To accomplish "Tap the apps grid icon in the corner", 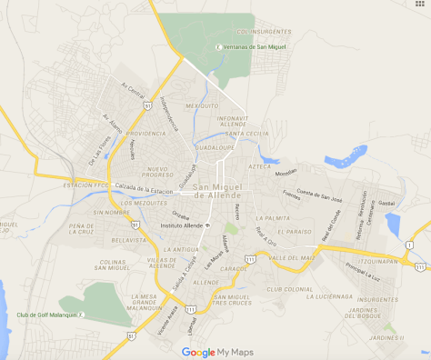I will click(x=420, y=6).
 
